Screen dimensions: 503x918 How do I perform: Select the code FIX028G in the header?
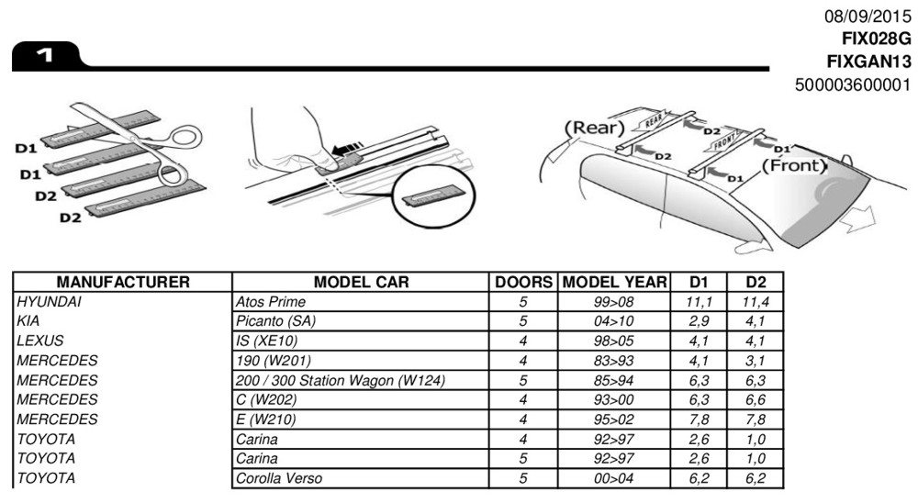876,39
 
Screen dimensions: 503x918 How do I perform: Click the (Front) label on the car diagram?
794,167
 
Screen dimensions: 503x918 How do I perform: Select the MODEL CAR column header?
361,281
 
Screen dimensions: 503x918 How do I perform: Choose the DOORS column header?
523,281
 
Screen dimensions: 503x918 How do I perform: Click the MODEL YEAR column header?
614,281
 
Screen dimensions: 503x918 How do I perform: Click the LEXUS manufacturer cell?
39,341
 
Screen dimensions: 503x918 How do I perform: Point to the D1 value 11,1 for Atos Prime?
700,301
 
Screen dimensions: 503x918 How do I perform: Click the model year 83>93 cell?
614,360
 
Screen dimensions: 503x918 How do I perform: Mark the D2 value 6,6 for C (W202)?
756,399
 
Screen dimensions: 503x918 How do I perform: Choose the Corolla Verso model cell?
279,478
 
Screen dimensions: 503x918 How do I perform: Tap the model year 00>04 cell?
614,478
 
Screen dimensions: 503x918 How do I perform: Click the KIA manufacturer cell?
28,321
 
